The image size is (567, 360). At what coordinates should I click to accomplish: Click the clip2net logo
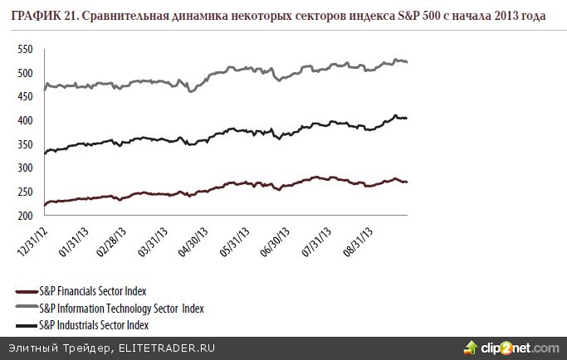pyautogui.click(x=511, y=347)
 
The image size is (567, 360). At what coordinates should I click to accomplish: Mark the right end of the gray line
pyautogui.click(x=407, y=62)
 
